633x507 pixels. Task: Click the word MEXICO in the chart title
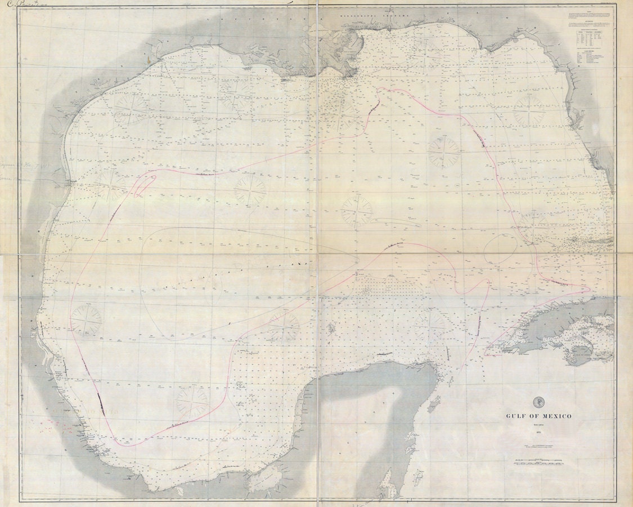coord(552,416)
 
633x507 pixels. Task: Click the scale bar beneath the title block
coord(537,462)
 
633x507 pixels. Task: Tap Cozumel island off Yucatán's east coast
coord(433,402)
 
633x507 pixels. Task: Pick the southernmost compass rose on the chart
coord(191,402)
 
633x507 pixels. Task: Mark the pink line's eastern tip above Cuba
coord(589,290)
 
